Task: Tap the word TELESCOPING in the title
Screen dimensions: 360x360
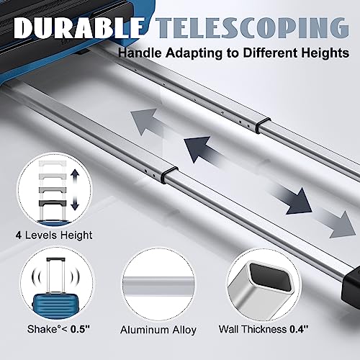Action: tap(252, 28)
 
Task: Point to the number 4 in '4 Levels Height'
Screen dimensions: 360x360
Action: tap(19, 235)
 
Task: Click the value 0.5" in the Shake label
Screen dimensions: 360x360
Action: tap(80, 329)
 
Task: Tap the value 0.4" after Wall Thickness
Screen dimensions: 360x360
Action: tap(299, 329)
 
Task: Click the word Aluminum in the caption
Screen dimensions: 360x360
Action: tap(146, 330)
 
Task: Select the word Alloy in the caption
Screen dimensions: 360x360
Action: tap(185, 330)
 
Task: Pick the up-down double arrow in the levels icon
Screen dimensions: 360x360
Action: tap(75, 189)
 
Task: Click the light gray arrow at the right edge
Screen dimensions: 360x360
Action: tap(338, 225)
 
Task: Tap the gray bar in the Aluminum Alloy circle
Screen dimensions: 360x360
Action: tap(158, 285)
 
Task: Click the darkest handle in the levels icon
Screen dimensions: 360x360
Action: tap(53, 203)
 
